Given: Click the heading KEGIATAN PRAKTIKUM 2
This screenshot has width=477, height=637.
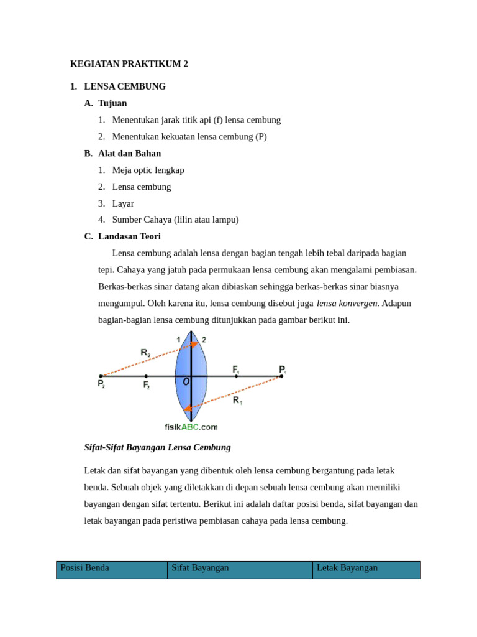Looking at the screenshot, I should [129, 64].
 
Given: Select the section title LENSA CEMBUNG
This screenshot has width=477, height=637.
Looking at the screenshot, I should [125, 86].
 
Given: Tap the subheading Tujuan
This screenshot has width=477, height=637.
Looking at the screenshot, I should [112, 103].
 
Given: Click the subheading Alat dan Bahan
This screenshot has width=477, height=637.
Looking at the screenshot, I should [129, 153].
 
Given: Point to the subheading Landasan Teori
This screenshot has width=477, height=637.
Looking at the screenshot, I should [129, 236].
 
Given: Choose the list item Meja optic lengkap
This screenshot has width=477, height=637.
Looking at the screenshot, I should [148, 170].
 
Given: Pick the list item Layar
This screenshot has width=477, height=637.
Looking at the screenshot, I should [123, 203].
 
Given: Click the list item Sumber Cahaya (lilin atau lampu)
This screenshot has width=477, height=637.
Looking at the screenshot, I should [175, 220].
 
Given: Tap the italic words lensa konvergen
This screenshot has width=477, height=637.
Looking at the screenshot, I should [347, 304].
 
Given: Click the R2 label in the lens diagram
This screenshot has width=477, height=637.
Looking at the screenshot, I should [145, 353].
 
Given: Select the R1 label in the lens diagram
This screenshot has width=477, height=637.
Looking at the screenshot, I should [237, 401].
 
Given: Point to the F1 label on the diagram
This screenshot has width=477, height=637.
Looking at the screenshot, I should [236, 370].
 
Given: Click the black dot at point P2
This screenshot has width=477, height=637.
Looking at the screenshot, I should [101, 376].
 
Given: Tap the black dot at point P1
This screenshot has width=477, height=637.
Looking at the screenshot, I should [281, 376].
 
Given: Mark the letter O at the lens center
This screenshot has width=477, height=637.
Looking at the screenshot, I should [186, 381].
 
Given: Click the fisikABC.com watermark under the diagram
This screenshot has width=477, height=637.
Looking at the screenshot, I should [191, 427].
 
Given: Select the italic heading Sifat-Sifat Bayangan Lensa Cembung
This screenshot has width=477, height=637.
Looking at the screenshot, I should [157, 447].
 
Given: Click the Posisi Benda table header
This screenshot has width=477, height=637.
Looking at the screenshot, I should [84, 568].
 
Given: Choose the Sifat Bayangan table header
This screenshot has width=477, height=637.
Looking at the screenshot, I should [200, 568].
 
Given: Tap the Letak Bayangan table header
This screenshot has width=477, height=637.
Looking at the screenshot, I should [347, 568].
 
